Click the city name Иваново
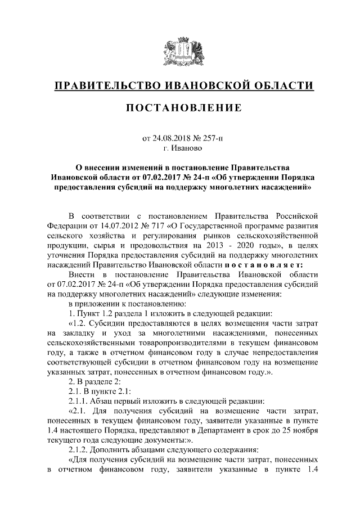point(187,148)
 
